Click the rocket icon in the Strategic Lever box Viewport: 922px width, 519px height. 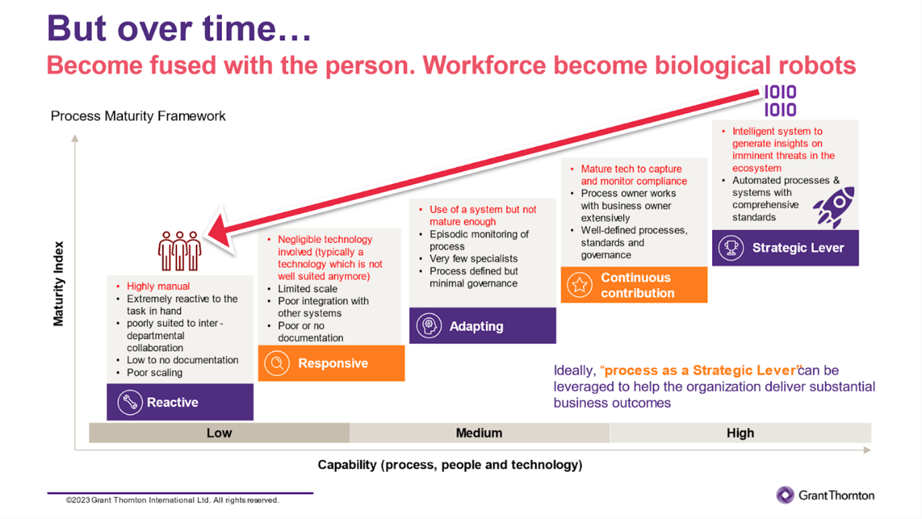[x=834, y=207]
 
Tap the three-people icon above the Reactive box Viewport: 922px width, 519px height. [x=179, y=251]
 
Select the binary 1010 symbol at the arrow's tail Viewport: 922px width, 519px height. [x=780, y=101]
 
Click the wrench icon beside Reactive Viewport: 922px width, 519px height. [x=130, y=402]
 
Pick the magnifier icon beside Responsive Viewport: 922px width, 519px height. [x=277, y=363]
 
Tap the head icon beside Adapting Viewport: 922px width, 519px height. [x=429, y=326]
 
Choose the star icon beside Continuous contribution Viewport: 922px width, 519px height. [x=580, y=285]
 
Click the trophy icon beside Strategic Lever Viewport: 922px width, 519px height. [x=731, y=247]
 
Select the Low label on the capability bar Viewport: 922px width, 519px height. [x=219, y=433]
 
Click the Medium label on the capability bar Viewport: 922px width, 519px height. [x=479, y=433]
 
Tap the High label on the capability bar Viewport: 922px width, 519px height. [x=741, y=433]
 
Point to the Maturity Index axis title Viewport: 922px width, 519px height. [x=58, y=284]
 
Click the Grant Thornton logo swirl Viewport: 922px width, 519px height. [x=785, y=495]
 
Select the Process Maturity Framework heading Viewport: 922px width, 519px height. [x=138, y=116]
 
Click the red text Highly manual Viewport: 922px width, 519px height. [x=158, y=286]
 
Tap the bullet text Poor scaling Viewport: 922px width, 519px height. [x=154, y=373]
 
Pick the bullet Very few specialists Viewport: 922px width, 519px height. [x=473, y=258]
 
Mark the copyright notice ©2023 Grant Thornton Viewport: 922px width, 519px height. [x=172, y=500]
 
